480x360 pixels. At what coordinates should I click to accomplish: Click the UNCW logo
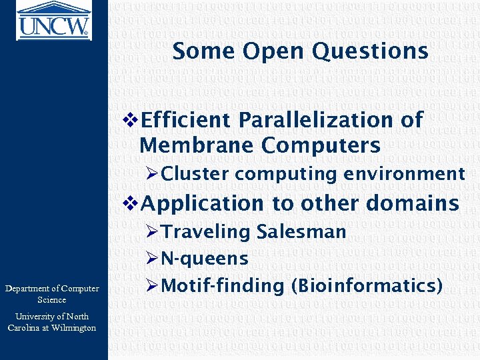click(53, 20)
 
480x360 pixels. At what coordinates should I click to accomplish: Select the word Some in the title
click(204, 51)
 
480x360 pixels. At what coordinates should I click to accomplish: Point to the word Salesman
click(301, 232)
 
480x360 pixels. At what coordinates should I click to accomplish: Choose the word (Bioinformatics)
click(367, 286)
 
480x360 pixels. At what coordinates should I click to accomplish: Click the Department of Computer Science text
click(52, 294)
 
